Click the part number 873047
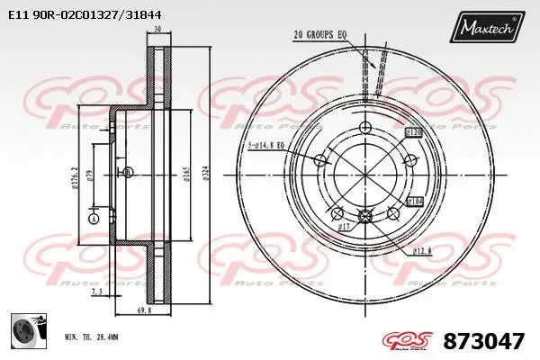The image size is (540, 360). (485, 340)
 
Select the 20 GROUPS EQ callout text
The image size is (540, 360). (320, 36)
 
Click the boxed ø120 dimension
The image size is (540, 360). (414, 132)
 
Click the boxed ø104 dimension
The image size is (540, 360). (415, 201)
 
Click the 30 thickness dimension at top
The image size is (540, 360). (157, 30)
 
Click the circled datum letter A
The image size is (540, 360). (94, 219)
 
